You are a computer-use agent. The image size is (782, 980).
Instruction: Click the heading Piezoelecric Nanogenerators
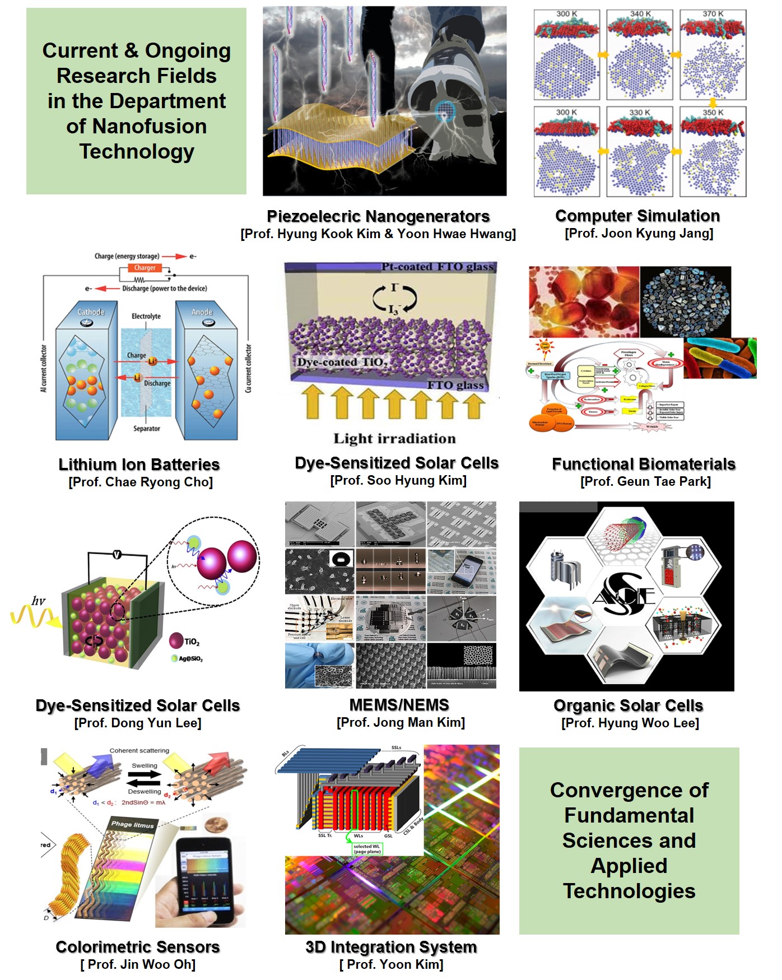(x=378, y=216)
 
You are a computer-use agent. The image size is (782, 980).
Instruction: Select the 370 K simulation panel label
(x=713, y=14)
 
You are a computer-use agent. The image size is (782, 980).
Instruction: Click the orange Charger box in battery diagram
(x=145, y=268)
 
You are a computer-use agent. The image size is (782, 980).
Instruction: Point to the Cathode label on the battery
(x=91, y=312)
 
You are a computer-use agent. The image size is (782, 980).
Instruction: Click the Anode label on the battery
(x=202, y=312)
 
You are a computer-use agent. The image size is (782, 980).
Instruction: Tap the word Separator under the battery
(x=147, y=429)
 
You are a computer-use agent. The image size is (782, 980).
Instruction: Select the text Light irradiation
(x=395, y=439)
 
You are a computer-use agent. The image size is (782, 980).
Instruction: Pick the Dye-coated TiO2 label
(x=341, y=363)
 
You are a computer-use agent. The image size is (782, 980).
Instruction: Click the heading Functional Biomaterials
(x=644, y=464)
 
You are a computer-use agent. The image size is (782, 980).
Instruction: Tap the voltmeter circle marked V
(x=117, y=555)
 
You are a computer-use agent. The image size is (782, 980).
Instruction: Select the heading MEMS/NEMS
(x=399, y=705)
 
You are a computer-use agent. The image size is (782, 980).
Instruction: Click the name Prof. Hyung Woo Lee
(x=630, y=723)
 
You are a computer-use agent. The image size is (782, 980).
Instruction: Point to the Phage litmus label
(x=132, y=824)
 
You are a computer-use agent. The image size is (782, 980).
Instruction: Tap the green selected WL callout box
(x=367, y=849)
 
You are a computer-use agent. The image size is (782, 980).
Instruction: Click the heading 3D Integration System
(x=391, y=947)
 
